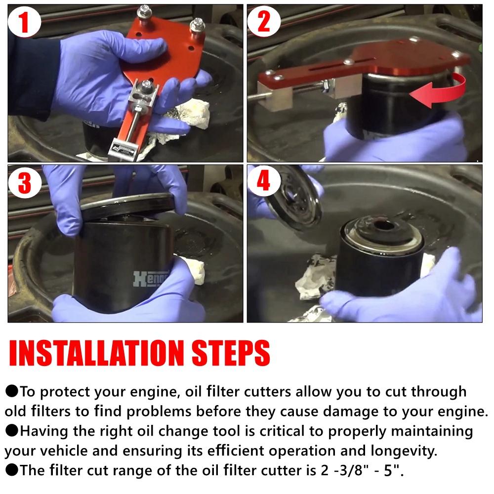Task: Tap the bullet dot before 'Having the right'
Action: (11, 431)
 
